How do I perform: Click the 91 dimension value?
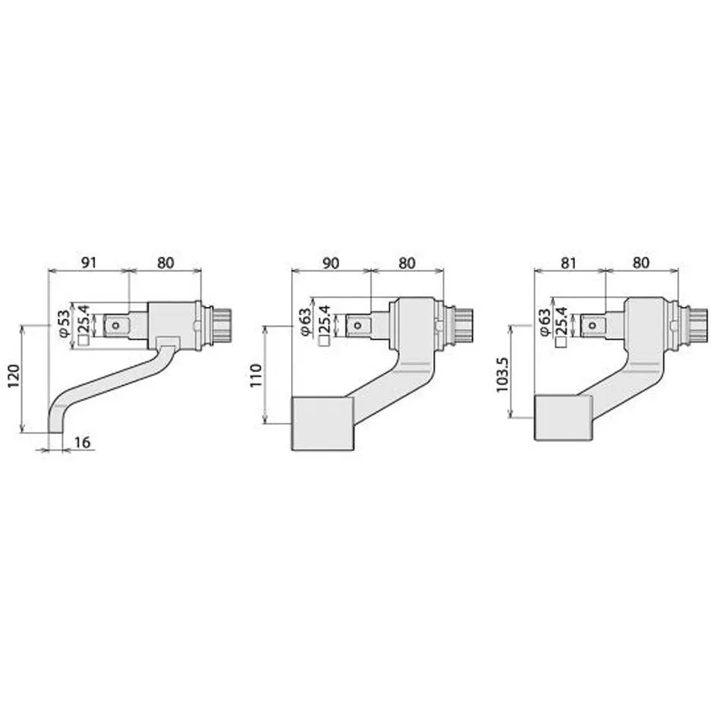(x=89, y=263)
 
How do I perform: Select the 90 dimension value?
(x=330, y=263)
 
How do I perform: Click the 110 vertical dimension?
(x=256, y=375)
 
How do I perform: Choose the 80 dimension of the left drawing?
(x=165, y=263)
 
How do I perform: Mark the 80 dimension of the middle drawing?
(x=406, y=263)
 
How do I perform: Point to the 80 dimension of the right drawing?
(x=641, y=263)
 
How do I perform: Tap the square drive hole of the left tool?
(x=115, y=325)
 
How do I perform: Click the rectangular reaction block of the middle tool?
(x=322, y=424)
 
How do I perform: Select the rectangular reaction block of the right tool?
(x=563, y=418)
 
